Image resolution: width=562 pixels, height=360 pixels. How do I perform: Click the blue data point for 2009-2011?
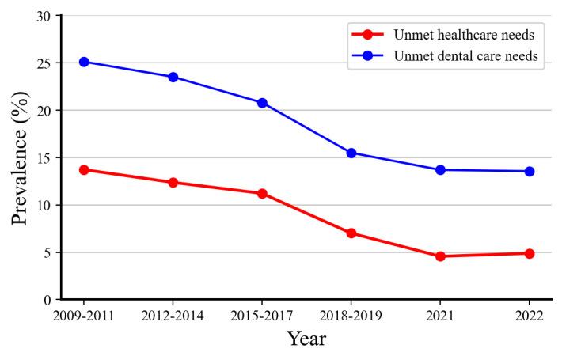(84, 62)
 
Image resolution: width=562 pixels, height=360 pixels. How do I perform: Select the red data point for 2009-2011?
(84, 169)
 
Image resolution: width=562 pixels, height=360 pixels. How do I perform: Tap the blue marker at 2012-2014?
(173, 77)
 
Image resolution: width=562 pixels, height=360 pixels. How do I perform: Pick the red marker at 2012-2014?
(173, 183)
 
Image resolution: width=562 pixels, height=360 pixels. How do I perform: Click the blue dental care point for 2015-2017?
(262, 103)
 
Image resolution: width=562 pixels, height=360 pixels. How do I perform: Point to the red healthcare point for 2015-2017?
(262, 193)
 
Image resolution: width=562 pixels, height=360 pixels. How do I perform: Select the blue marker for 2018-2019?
(351, 153)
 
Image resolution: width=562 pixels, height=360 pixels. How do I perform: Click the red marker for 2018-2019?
(351, 233)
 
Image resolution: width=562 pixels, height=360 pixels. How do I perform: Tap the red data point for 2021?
(440, 256)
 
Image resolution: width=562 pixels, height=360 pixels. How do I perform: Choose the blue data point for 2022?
(529, 171)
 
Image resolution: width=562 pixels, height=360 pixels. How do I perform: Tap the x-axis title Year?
(306, 339)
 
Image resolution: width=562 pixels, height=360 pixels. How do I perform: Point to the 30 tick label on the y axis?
(45, 16)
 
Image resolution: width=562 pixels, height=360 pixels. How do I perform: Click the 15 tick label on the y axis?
(45, 157)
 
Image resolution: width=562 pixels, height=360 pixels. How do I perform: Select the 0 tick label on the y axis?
(48, 300)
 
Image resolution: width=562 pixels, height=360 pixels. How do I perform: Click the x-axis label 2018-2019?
(351, 316)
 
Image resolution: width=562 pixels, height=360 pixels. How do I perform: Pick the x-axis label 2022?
(529, 316)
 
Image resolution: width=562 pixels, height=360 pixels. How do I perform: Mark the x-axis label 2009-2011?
(84, 316)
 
